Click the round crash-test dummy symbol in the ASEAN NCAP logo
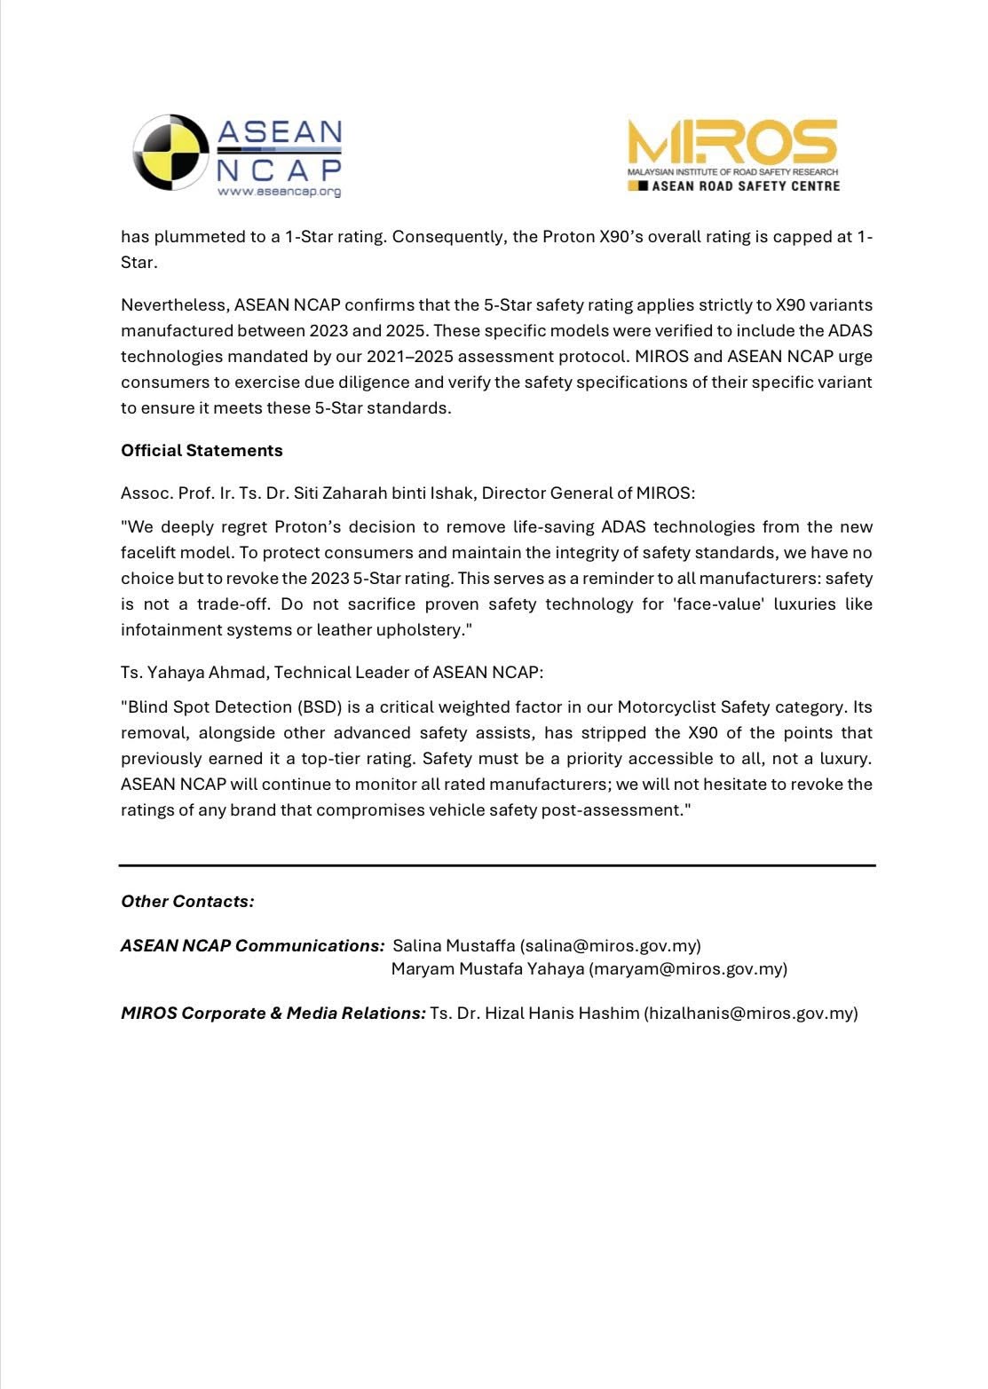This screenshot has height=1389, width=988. pyautogui.click(x=170, y=152)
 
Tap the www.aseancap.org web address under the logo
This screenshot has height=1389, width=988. pyautogui.click(x=279, y=191)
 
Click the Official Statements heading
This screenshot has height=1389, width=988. pyautogui.click(x=202, y=450)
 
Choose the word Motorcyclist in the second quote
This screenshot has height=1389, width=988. pyautogui.click(x=667, y=706)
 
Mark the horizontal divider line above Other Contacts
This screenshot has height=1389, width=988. pyautogui.click(x=497, y=864)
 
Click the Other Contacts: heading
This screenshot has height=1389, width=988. pyautogui.click(x=187, y=901)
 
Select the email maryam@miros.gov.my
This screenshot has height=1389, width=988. pyautogui.click(x=688, y=968)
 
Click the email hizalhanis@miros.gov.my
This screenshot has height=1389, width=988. pyautogui.click(x=750, y=1013)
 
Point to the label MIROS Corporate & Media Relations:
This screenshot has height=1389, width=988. pyautogui.click(x=273, y=1013)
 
